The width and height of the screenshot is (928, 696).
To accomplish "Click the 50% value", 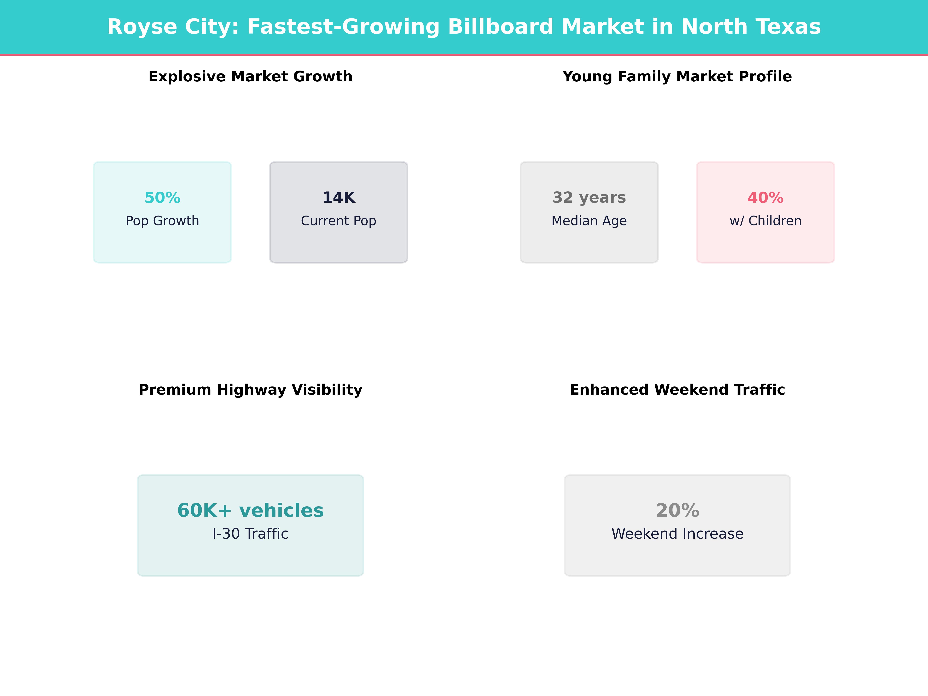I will pos(162,198).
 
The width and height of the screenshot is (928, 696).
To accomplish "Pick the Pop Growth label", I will pos(162,221).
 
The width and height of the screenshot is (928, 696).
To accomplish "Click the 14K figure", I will pos(339,198).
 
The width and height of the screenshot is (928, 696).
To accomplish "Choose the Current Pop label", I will pos(339,221).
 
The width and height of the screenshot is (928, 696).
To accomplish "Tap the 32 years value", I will pos(589,198).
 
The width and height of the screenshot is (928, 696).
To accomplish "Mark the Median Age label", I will pos(589,221).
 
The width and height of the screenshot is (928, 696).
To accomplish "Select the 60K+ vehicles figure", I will pos(250,510).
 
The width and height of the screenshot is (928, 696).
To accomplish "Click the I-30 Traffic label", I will pos(250,534).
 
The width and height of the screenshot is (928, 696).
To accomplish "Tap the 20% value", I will pos(677,510).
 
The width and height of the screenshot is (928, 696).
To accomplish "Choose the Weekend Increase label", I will pos(677,534).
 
